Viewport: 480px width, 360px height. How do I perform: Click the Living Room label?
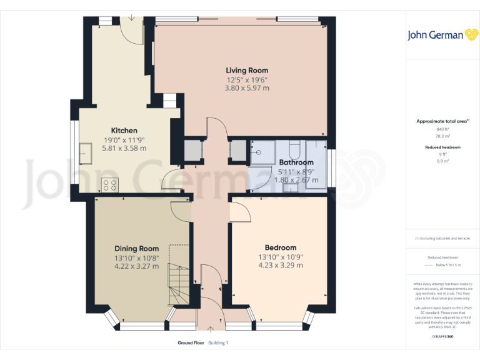(x=247, y=70)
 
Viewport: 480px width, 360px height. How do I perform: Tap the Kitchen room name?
(x=124, y=130)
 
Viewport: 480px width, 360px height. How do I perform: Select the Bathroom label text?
(x=296, y=162)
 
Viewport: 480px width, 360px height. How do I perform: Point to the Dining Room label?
(x=136, y=248)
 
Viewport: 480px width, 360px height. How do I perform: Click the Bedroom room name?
(x=281, y=247)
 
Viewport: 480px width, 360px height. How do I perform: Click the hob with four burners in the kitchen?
(x=111, y=184)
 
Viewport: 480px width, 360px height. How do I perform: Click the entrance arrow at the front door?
(x=210, y=329)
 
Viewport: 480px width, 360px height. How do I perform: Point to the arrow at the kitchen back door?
(x=131, y=16)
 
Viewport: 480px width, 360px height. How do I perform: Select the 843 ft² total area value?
(x=442, y=129)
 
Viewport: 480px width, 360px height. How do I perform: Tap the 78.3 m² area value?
(x=442, y=136)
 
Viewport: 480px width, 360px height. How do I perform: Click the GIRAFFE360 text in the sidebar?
(x=442, y=336)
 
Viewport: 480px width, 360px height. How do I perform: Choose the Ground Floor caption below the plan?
(x=191, y=342)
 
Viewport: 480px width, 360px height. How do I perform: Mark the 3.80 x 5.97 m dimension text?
(x=247, y=88)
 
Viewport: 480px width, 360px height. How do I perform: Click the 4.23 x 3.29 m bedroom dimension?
(x=281, y=265)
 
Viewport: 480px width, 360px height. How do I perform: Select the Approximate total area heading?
(x=442, y=121)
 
